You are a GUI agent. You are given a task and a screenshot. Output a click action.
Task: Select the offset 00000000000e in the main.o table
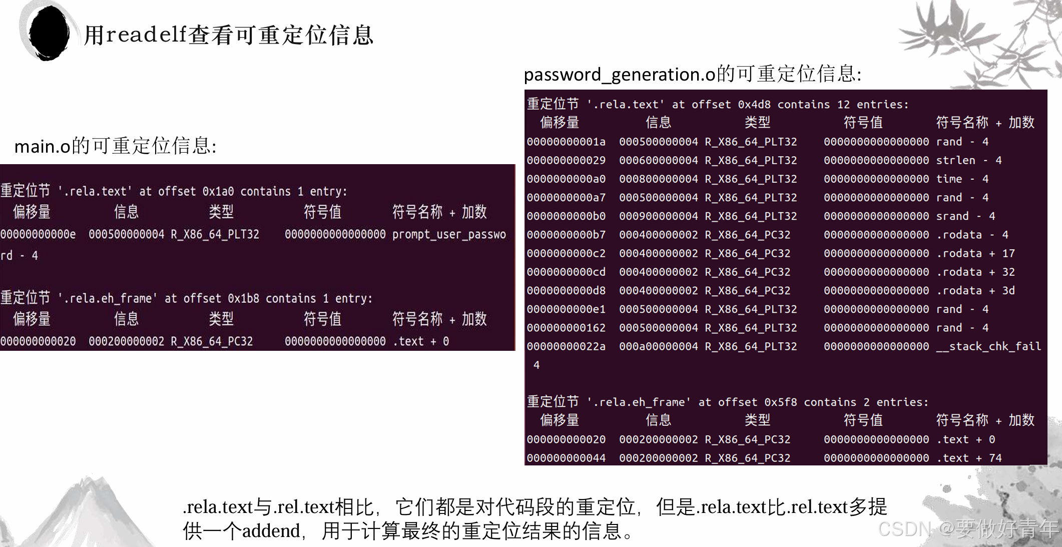click(38, 234)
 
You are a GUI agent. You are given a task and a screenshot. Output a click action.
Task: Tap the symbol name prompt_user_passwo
click(449, 234)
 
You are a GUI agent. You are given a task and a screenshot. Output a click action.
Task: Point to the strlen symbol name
click(955, 160)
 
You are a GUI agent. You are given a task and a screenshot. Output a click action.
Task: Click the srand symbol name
click(952, 216)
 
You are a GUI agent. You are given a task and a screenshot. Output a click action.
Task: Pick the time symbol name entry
click(949, 179)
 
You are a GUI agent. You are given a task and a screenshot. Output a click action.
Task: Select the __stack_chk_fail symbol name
click(988, 346)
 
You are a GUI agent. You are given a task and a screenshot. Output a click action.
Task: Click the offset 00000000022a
click(566, 346)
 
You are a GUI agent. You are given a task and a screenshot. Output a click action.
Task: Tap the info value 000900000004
click(658, 216)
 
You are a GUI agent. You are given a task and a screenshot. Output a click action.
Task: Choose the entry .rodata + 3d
click(975, 291)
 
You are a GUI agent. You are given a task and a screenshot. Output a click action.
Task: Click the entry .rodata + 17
click(975, 253)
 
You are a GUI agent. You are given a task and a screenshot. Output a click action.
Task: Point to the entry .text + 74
click(968, 458)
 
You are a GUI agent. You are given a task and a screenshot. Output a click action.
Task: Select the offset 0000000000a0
click(566, 179)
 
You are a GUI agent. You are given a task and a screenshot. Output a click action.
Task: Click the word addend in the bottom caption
click(271, 531)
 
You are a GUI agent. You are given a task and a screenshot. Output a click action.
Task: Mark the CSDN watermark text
click(904, 528)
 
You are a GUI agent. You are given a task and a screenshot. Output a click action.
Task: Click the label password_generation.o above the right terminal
click(620, 75)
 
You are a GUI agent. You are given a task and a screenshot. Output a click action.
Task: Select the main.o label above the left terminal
click(43, 146)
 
